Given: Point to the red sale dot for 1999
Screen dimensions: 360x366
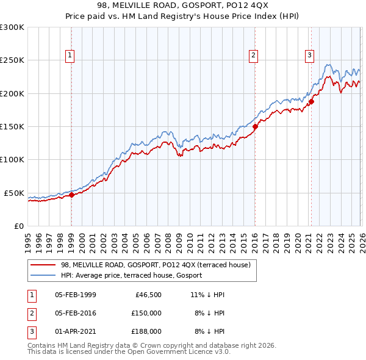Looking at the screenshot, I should pyautogui.click(x=71, y=195).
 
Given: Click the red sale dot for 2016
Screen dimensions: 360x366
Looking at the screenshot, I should pyautogui.click(x=255, y=127).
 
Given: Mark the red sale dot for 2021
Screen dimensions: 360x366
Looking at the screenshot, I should pyautogui.click(x=311, y=102).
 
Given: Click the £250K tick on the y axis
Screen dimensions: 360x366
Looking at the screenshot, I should pyautogui.click(x=12, y=60).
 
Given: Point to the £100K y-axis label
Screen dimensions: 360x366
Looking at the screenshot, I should pyautogui.click(x=12, y=160).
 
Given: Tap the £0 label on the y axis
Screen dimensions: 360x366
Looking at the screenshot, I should pyautogui.click(x=18, y=226).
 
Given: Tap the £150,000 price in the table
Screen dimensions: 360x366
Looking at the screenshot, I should pyautogui.click(x=146, y=313).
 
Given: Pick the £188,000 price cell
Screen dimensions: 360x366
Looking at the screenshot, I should pyautogui.click(x=146, y=331).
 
